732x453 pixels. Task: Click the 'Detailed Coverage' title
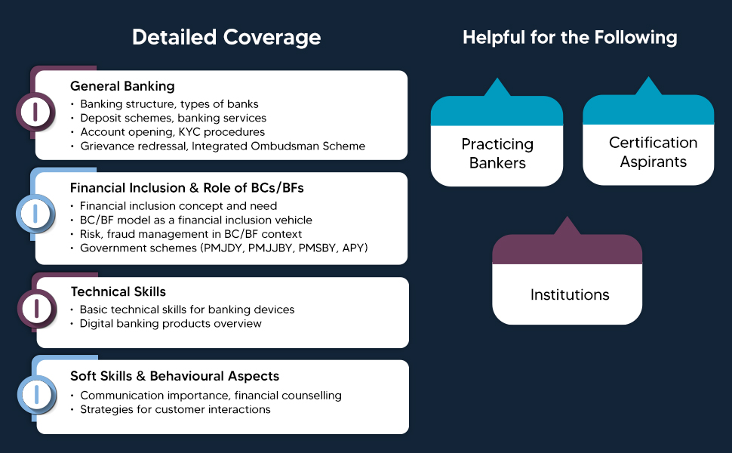pos(226,37)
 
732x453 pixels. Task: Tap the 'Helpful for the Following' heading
pos(570,37)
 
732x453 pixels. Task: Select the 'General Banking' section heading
pos(122,86)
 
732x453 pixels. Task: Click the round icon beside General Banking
pos(35,112)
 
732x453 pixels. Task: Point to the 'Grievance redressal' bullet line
pos(223,146)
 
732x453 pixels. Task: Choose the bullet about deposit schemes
pos(173,118)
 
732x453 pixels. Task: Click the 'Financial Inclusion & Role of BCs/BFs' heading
pos(187,188)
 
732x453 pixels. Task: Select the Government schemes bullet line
pos(223,248)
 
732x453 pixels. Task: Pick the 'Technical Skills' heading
pos(118,291)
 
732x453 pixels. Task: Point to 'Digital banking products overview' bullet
pos(171,323)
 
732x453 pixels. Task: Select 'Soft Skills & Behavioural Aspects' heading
pos(175,376)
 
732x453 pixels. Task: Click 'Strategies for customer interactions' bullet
pos(175,409)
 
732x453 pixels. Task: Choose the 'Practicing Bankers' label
pos(497,153)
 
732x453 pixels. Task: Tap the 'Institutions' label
pos(570,294)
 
